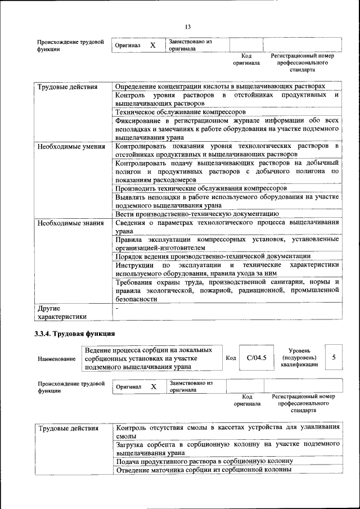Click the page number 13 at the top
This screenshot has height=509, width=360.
188,26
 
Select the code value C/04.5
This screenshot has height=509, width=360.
256,357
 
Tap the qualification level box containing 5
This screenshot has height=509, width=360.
334,357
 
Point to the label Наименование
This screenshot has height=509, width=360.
56,358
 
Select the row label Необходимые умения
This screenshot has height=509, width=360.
71,147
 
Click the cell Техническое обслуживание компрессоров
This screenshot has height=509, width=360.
181,112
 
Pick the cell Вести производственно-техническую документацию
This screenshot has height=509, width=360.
197,214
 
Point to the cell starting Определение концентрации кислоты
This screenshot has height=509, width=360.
220,87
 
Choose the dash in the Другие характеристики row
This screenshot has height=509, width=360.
117,308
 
